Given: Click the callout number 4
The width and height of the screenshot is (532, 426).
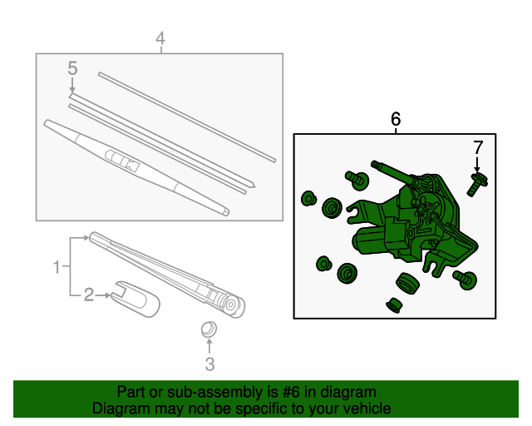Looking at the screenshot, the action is [160, 38].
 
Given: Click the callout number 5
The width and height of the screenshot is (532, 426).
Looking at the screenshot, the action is [72, 68].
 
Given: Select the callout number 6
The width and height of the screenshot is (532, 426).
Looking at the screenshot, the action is [396, 119].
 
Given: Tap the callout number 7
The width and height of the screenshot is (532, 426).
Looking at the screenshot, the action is [478, 147].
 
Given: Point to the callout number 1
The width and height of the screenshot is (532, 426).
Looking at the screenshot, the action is [57, 267].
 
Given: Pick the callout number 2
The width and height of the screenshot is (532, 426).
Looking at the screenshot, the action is [89, 295].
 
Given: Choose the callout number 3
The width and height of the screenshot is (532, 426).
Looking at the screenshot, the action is [210, 364].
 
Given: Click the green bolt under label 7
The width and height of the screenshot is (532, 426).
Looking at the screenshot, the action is [477, 185].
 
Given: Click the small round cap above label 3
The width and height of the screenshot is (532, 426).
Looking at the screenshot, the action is [209, 329].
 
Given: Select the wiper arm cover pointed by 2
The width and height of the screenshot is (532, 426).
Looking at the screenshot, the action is [135, 298].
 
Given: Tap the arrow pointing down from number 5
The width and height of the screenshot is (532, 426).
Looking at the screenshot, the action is [72, 85].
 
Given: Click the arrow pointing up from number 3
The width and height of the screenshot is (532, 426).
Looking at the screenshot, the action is [209, 346].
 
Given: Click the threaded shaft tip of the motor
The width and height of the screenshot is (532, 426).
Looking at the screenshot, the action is [375, 165].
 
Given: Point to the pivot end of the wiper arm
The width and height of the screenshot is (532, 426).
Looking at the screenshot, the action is [232, 305].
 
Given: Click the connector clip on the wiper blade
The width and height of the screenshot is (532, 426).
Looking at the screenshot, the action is [122, 160].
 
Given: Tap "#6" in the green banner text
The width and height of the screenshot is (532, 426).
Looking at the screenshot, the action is [292, 392].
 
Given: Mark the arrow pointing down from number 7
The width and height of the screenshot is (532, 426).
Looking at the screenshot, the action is [477, 165].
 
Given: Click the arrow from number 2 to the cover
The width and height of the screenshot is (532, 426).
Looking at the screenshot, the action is [103, 295].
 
